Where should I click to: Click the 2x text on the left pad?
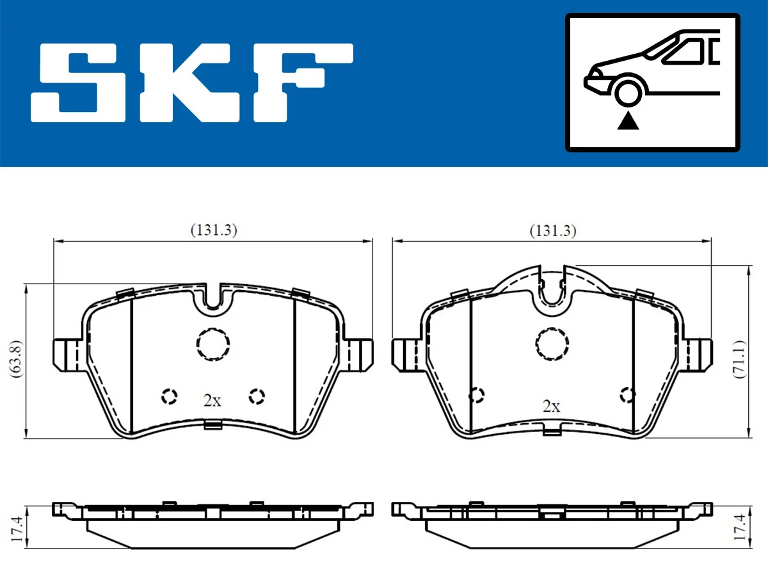point(212,401)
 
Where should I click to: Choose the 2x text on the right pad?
point(551,406)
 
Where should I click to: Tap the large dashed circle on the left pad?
point(212,344)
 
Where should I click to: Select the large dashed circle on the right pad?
point(552,344)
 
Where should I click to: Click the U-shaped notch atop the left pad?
point(212,297)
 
